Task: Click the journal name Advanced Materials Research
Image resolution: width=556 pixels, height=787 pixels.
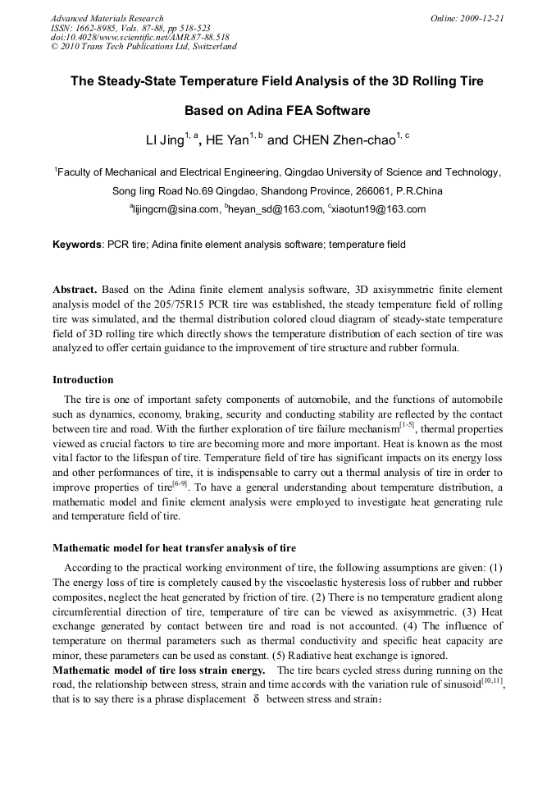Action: click(107, 18)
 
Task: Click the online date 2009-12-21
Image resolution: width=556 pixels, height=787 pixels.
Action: click(481, 18)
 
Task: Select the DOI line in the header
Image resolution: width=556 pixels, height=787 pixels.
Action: click(140, 37)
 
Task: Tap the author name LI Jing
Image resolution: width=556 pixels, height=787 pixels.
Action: click(165, 140)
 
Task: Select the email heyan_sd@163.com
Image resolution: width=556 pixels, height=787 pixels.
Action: click(276, 209)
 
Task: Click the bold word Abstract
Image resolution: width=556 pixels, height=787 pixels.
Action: click(75, 291)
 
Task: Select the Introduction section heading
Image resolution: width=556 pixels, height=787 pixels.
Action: click(83, 380)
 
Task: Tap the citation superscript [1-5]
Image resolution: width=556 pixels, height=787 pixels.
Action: click(407, 424)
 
